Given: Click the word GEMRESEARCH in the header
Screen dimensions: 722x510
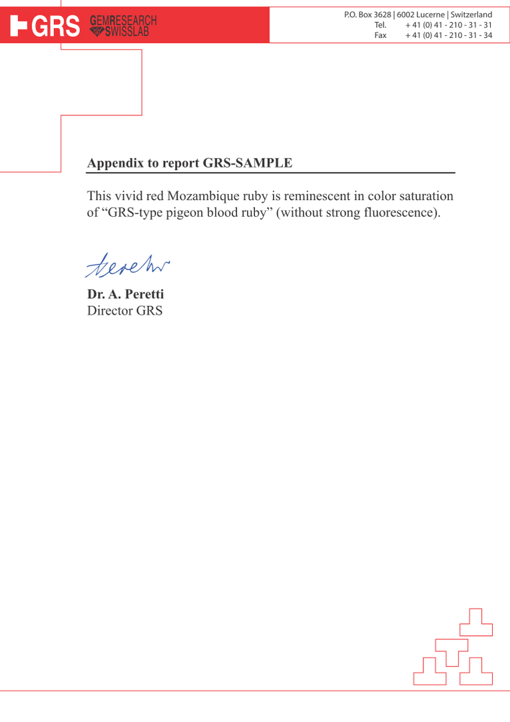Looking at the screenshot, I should (123, 21).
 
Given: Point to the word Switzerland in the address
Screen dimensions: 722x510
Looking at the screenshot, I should (471, 15).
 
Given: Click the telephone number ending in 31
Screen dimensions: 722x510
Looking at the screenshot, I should (449, 25).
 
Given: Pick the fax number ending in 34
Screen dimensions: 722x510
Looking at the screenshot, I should (449, 35).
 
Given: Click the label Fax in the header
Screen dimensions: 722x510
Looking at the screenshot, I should (380, 35).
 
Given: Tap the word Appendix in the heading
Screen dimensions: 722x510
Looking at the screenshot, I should (114, 163).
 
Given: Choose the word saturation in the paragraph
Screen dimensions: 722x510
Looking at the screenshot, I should (425, 197).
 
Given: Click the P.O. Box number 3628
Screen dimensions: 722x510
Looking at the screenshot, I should (382, 15).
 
